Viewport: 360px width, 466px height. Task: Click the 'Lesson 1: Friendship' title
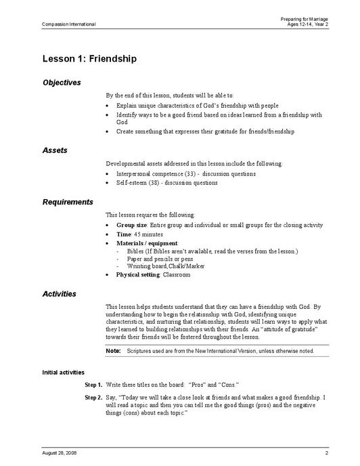click(x=89, y=58)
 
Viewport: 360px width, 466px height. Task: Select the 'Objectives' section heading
click(x=62, y=83)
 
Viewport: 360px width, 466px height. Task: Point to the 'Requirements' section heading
click(x=68, y=202)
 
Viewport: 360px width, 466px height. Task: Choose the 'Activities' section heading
click(x=59, y=294)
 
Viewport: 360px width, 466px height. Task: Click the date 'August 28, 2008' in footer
click(x=60, y=452)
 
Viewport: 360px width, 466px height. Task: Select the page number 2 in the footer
click(x=326, y=452)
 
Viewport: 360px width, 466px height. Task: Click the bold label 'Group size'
click(x=131, y=225)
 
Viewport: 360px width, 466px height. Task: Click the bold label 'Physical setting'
click(x=138, y=275)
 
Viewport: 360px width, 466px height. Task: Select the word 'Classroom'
click(x=177, y=275)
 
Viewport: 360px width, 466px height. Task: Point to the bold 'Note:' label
click(x=113, y=351)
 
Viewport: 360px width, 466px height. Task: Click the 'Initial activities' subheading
click(x=63, y=373)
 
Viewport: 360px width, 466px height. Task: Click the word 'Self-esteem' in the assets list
click(x=131, y=183)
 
